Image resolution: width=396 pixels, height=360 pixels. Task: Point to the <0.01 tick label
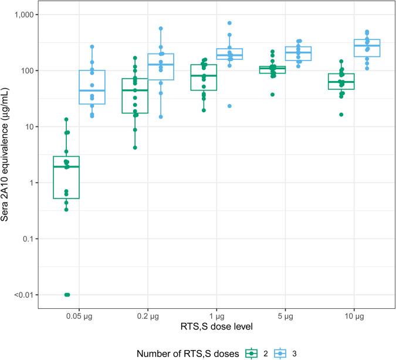(25, 295)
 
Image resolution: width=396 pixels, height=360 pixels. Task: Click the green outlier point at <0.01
(67, 295)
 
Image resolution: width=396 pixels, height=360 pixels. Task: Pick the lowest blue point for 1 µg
(230, 106)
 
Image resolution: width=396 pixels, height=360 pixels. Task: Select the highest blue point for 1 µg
(230, 23)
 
